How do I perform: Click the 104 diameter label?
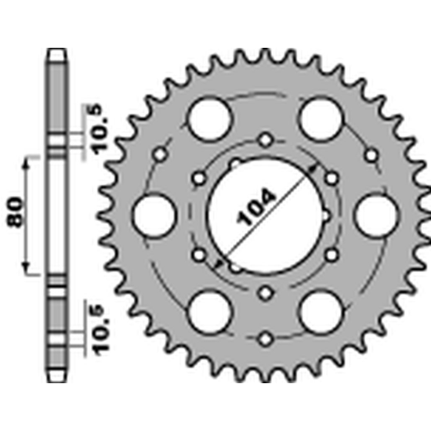click(x=255, y=207)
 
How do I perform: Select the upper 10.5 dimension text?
click(x=100, y=129)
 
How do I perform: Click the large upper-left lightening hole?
click(x=210, y=119)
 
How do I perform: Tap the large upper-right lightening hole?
click(x=321, y=119)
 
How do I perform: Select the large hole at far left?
click(x=154, y=215)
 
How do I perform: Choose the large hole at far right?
click(x=377, y=215)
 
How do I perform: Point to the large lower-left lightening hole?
click(x=210, y=312)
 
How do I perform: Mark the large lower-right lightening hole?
click(x=321, y=312)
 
